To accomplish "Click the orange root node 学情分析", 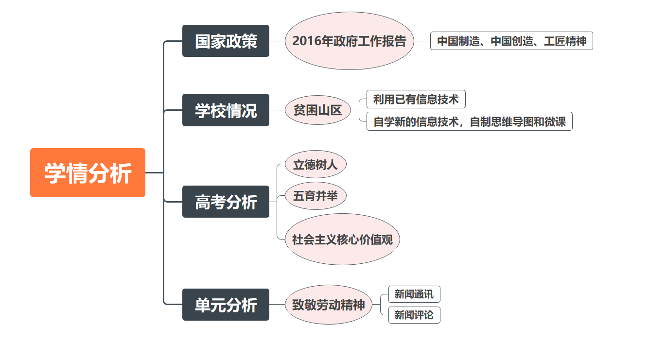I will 88,173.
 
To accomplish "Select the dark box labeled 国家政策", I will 226,41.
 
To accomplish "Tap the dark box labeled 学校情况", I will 226,110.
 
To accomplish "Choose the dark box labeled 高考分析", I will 226,202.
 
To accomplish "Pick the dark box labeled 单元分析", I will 226,305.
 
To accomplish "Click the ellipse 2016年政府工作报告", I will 349,41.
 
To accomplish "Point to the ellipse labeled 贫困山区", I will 317,110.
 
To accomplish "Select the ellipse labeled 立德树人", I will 315,165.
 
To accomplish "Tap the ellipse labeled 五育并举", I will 315,196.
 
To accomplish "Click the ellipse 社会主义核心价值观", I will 342,239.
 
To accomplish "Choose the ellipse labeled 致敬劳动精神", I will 328,305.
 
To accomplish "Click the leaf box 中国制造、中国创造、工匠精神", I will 511,41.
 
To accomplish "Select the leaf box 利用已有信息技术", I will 416,100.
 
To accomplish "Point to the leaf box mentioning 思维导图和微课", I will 469,121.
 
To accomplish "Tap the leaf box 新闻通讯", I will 414,294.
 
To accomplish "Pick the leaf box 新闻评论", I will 414,315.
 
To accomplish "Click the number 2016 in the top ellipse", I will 306,41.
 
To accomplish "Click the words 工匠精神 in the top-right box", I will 565,41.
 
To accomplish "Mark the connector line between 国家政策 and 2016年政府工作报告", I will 277,41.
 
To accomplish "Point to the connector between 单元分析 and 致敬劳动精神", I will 277,305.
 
